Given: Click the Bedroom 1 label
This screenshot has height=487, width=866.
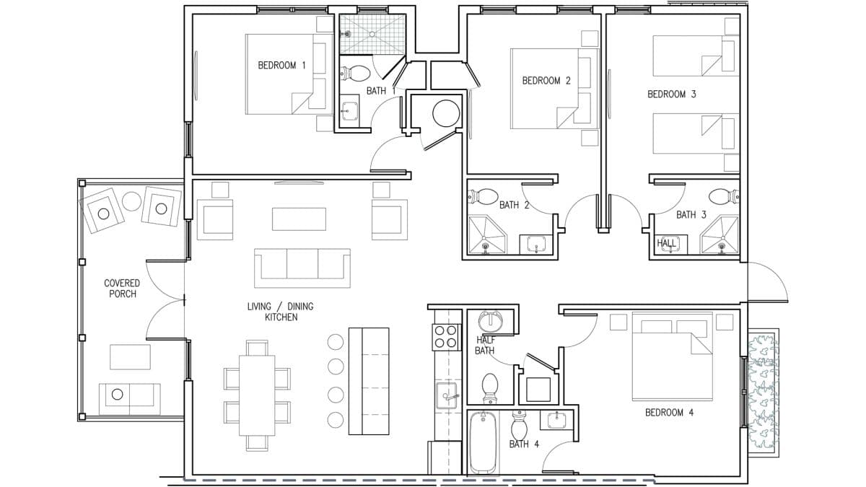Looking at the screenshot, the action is click(x=282, y=66).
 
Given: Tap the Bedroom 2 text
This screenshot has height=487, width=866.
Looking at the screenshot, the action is click(x=546, y=81).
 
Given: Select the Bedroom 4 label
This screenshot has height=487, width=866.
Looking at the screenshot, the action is click(x=669, y=413).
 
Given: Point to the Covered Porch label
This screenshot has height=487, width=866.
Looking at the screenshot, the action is click(x=122, y=289).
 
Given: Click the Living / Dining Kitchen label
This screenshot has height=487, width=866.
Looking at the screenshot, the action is click(x=281, y=312).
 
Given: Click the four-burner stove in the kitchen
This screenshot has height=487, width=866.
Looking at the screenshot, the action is click(x=446, y=337).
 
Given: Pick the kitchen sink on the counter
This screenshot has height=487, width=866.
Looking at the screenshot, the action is click(x=447, y=395).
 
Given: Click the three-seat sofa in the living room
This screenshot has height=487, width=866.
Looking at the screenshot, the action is click(x=302, y=268).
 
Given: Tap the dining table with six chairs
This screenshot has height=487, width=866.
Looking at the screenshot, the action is click(x=257, y=395).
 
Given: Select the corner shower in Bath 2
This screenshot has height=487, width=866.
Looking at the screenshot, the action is click(x=486, y=234).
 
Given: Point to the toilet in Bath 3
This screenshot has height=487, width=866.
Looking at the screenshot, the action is click(x=723, y=196).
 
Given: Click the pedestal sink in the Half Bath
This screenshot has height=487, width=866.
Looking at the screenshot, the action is click(x=490, y=321).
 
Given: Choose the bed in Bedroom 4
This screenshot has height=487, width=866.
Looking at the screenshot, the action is click(x=672, y=356).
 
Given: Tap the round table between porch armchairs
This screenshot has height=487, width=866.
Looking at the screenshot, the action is click(x=131, y=201).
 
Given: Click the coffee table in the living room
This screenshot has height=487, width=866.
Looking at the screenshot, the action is click(x=299, y=219).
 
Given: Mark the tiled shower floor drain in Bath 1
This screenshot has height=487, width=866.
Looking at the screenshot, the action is click(x=372, y=35).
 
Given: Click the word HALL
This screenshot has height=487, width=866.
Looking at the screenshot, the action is click(x=667, y=243).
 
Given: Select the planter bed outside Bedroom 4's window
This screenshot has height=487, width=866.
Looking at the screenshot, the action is click(x=763, y=393).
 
